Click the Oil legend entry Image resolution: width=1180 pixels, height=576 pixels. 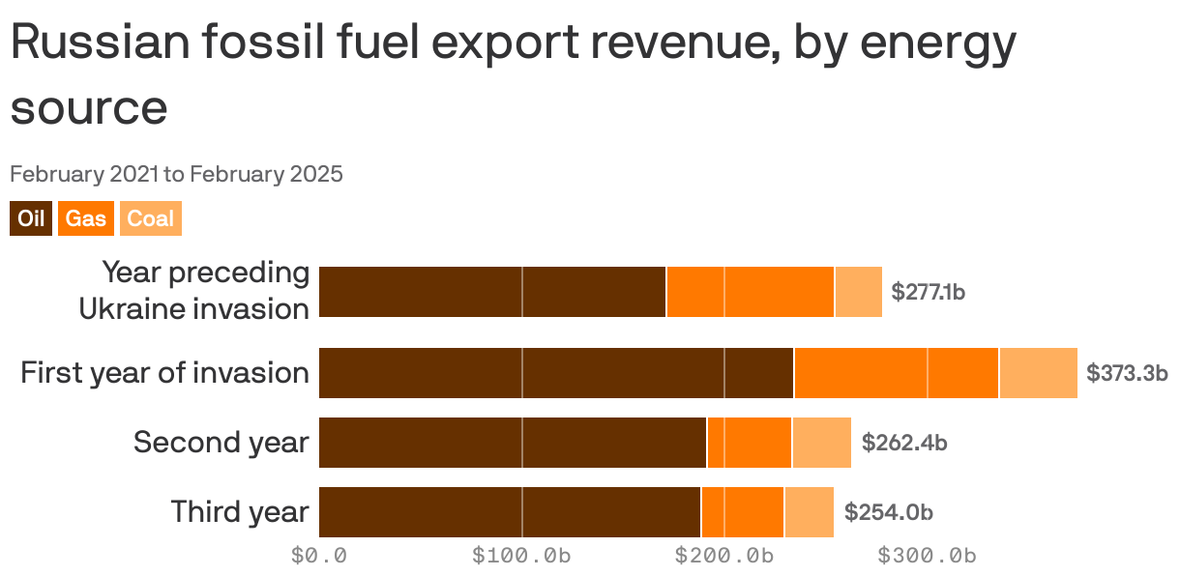pos(31,219)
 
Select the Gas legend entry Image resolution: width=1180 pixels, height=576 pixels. pos(86,219)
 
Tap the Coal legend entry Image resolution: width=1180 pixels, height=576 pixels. pos(150,219)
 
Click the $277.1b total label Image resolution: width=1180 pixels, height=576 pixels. pos(928,292)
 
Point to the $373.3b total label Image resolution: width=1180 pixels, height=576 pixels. pos(1127,373)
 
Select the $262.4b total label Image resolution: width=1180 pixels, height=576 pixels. pos(903,443)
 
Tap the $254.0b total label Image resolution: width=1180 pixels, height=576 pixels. pos(888,512)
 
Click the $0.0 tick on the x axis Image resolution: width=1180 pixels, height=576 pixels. pos(319,556)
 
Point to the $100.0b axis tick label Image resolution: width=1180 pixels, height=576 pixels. pos(521,556)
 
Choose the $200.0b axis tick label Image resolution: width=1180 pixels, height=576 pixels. pos(724,556)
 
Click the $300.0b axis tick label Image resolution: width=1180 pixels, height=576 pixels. pos(927,556)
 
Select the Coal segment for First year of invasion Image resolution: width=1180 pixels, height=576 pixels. pos(1038,373)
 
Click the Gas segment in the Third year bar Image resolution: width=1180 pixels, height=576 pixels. pos(743,512)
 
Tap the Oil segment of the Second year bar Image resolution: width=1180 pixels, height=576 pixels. pos(513,443)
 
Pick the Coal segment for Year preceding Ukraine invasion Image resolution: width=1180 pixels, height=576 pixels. pos(858,292)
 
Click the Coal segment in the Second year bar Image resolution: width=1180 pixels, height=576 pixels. pos(821,443)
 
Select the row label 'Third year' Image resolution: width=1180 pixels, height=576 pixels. pos(240,512)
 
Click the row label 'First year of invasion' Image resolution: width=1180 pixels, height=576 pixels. pos(164,373)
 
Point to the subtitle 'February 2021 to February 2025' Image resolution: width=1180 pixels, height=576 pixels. pos(176,175)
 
